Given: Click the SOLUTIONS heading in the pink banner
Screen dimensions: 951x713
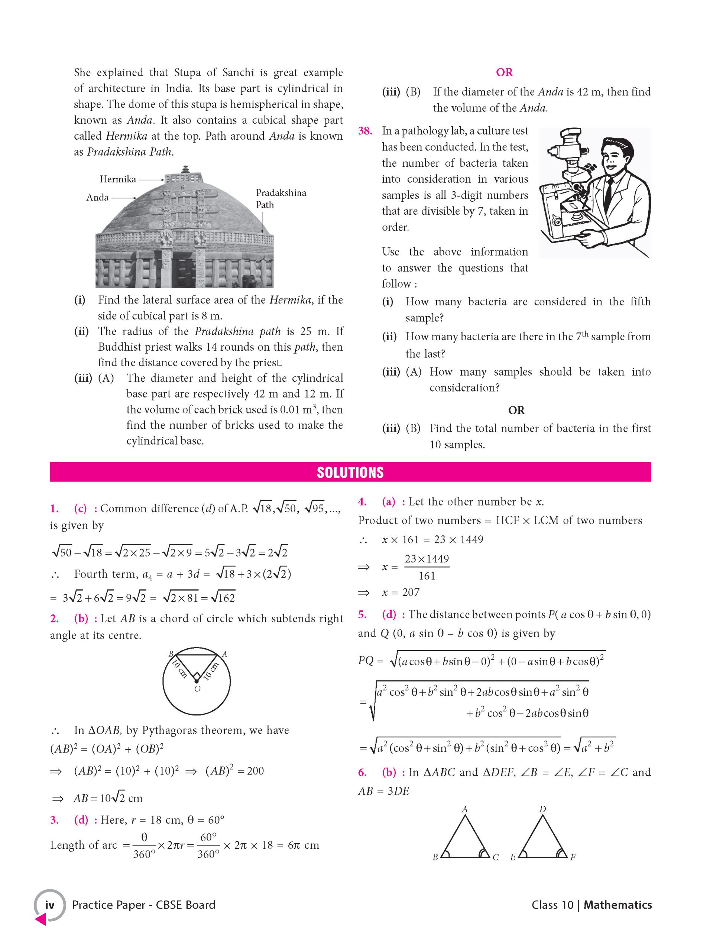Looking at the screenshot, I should (350, 473).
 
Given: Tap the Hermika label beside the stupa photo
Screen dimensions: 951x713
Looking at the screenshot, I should (118, 179).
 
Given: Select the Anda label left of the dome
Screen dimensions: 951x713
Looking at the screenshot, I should (98, 197).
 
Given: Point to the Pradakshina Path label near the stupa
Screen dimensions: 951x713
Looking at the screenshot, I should (281, 199).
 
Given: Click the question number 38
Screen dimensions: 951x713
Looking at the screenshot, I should (365, 131).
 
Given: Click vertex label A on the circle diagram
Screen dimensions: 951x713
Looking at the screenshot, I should (224, 654).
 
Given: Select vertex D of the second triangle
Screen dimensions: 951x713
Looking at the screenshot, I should (542, 809).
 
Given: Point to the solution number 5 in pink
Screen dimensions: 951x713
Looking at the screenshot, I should (363, 614).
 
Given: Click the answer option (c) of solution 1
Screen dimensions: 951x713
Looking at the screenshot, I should (80, 509).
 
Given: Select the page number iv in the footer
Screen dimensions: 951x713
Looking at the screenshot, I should (50, 905).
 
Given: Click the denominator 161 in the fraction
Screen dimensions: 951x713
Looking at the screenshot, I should (427, 576).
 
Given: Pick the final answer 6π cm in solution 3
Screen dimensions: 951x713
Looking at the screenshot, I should (303, 845).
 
